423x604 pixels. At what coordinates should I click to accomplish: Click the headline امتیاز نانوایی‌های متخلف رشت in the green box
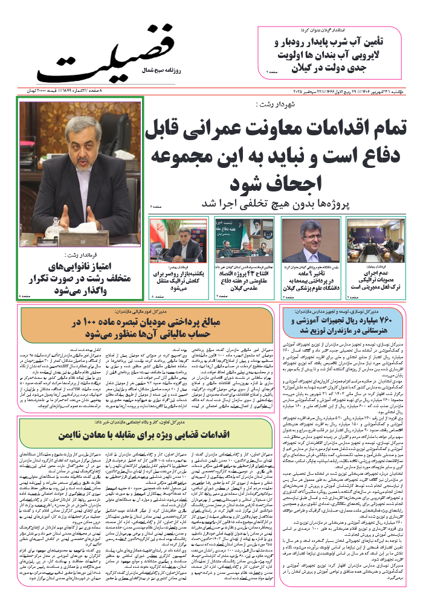click(x=82, y=279)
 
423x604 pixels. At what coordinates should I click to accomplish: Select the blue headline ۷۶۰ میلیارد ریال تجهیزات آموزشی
click(x=342, y=325)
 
